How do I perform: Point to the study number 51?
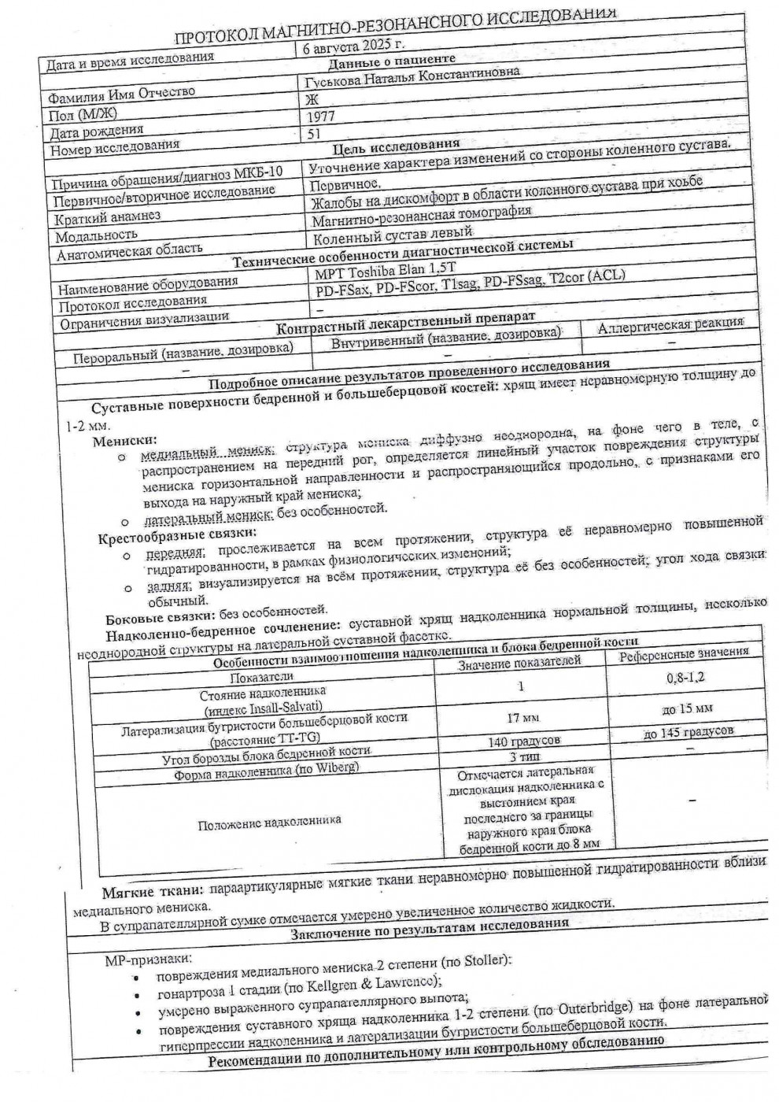315,134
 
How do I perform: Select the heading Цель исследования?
397,146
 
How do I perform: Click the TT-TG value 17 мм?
522,718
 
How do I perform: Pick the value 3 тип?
524,756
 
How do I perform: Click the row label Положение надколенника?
269,821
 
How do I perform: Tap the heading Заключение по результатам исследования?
429,924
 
